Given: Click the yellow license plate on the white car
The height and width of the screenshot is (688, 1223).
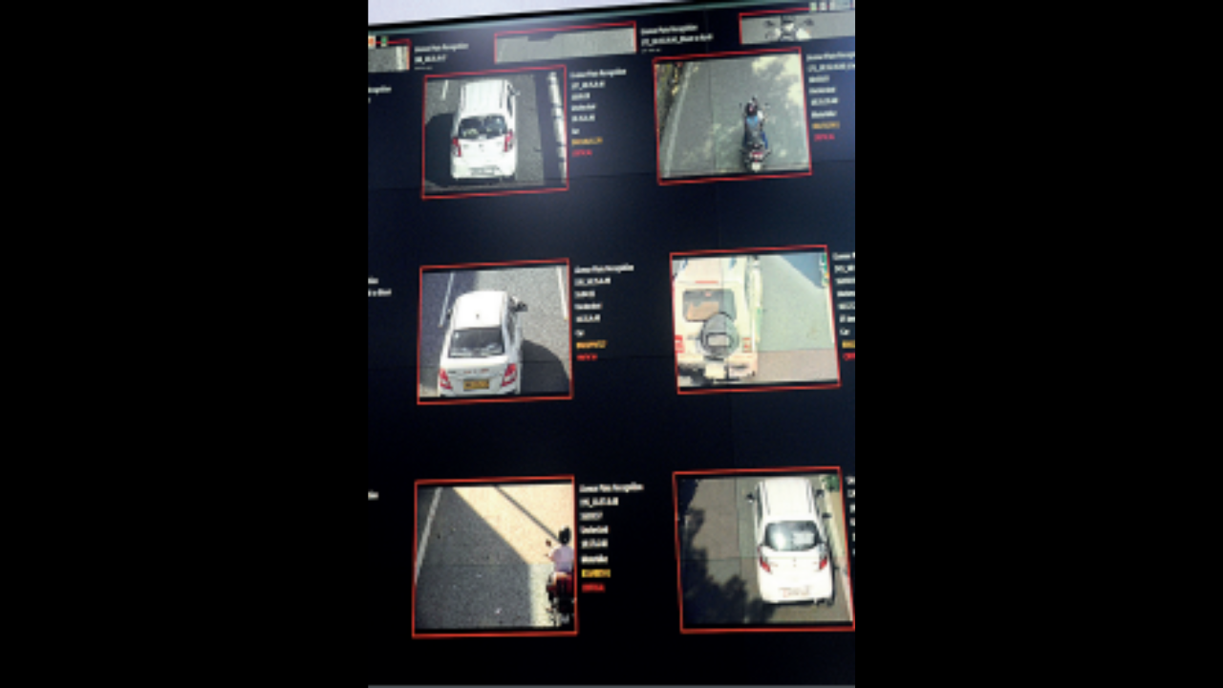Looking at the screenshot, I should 476,384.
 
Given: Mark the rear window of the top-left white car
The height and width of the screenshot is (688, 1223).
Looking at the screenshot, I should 483,125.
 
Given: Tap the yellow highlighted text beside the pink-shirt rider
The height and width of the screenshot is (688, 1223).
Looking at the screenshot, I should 595,573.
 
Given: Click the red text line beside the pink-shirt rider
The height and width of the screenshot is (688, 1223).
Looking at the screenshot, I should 592,587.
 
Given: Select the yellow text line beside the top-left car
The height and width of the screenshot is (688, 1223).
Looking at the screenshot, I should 586,140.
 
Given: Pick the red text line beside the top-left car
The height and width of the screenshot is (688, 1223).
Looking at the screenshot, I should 581,153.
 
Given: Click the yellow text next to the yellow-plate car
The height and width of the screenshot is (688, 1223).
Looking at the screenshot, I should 590,344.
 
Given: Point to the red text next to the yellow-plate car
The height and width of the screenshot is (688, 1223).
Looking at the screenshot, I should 586,357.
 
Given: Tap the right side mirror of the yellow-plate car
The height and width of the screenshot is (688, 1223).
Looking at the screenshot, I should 521,306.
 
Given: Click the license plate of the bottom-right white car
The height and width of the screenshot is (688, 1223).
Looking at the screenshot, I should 795,592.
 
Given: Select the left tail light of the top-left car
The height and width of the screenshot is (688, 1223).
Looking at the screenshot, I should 457,146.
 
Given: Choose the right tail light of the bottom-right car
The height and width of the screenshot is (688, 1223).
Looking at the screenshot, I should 823,560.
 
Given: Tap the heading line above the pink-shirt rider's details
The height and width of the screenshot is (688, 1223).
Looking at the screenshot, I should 611,487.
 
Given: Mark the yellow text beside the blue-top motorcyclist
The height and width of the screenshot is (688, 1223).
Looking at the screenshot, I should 826,125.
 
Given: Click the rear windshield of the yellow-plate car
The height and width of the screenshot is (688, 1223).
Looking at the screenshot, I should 477,341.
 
